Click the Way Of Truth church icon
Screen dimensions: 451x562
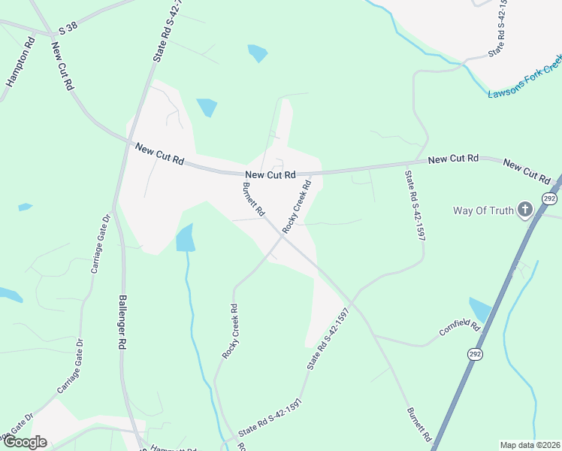[x=525, y=210]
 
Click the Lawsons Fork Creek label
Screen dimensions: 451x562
[x=524, y=85]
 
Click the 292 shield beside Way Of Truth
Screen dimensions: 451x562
[x=549, y=198]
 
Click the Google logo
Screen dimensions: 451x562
[x=26, y=442]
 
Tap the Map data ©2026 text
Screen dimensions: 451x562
[x=530, y=445]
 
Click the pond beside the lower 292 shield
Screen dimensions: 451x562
[x=479, y=309]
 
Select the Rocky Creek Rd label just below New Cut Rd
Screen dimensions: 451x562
[x=297, y=204]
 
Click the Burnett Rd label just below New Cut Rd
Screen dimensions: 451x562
[x=253, y=199]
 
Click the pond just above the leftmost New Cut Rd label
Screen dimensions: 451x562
[x=206, y=107]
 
